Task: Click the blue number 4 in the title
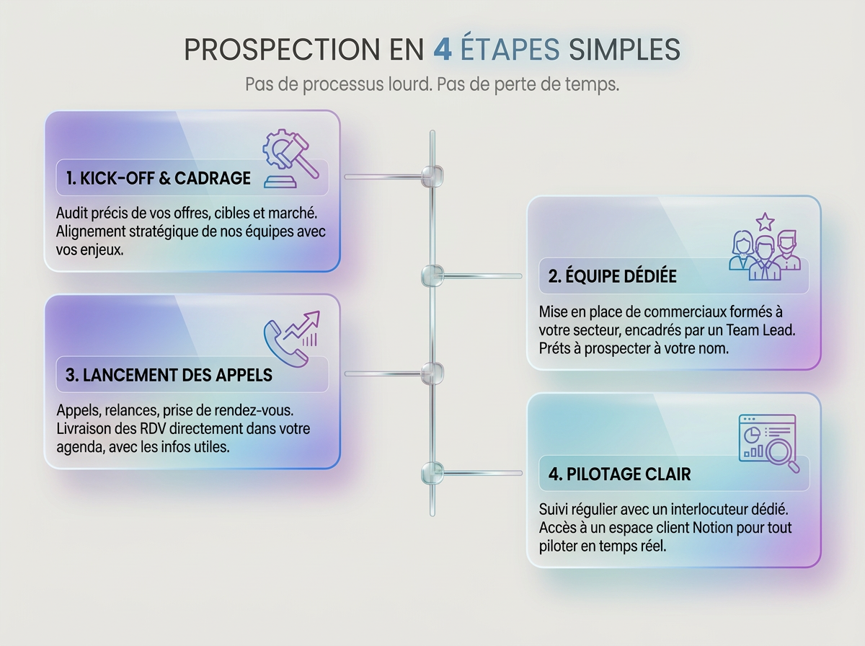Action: [443, 50]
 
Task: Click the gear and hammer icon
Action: [290, 159]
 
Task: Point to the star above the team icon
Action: [765, 222]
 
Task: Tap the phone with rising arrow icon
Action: [292, 339]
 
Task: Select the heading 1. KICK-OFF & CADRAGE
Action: [159, 179]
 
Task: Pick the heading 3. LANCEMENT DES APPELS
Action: [169, 375]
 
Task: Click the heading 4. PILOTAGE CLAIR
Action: [619, 474]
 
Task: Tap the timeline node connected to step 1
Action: [432, 176]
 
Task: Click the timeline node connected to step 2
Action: [432, 275]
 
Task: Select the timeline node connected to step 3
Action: [432, 373]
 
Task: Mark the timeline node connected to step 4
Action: [432, 472]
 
